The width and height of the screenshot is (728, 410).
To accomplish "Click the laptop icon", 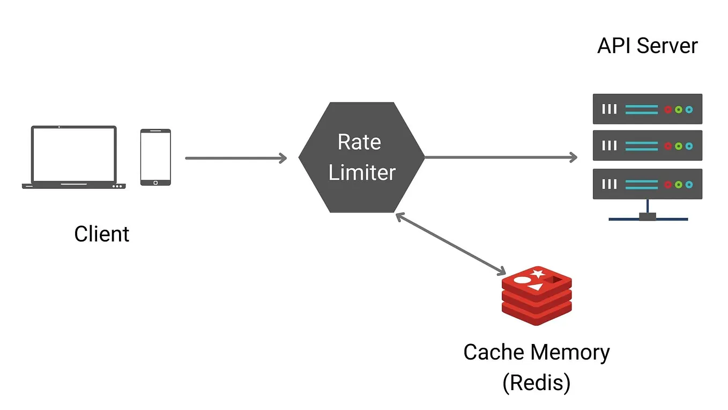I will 73,157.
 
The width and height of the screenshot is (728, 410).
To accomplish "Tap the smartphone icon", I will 155,157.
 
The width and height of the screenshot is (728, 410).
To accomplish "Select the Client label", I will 102,234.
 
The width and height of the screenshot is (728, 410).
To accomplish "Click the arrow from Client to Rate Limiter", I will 236,158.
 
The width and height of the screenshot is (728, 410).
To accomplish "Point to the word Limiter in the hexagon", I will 362,173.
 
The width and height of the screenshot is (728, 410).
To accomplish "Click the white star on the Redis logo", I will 537,274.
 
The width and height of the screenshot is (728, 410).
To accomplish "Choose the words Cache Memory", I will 536,353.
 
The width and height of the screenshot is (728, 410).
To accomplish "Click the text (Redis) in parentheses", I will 536,383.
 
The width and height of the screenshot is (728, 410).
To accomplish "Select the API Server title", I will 647,46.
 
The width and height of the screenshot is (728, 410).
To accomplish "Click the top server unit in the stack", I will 647,109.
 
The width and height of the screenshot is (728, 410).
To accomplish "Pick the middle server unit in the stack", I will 647,145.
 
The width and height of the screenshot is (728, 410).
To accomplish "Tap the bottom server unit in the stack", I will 647,184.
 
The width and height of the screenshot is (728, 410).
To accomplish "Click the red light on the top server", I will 668,109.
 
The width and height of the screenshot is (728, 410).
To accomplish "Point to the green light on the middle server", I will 679,146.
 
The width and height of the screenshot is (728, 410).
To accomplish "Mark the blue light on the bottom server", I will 689,185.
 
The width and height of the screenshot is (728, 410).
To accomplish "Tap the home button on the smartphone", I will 155,182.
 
